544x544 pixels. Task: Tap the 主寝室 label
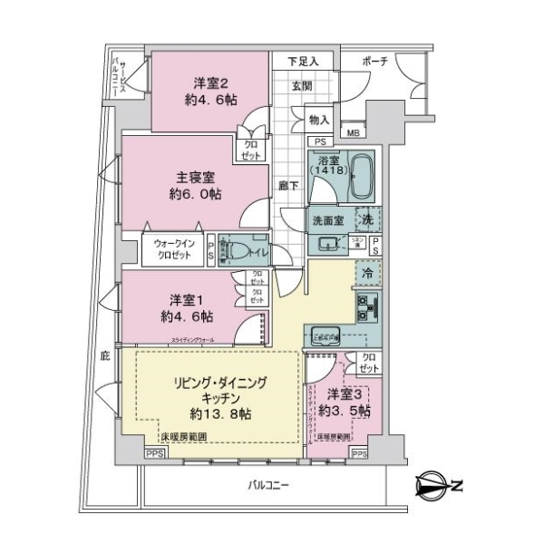pos(196,177)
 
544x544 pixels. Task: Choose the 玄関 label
pos(302,85)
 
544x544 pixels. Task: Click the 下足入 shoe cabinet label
pos(303,62)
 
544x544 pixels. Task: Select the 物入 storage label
pos(318,119)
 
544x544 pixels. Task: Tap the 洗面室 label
pos(325,219)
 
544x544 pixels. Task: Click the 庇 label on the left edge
pos(105,357)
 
